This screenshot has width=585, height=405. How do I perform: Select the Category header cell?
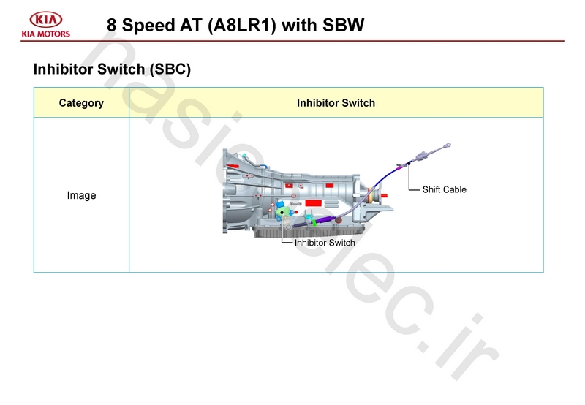point(81,103)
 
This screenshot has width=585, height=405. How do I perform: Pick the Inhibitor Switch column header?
point(336,103)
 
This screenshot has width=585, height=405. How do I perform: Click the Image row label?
point(81,196)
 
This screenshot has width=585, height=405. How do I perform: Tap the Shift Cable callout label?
point(444,190)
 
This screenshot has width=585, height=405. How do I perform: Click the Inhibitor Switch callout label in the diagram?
point(325,243)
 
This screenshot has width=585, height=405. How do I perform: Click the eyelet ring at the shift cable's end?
point(453,145)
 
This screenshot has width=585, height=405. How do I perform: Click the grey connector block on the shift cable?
point(422,156)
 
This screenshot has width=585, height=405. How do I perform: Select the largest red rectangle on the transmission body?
point(314,202)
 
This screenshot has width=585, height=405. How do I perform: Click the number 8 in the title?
point(112,25)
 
